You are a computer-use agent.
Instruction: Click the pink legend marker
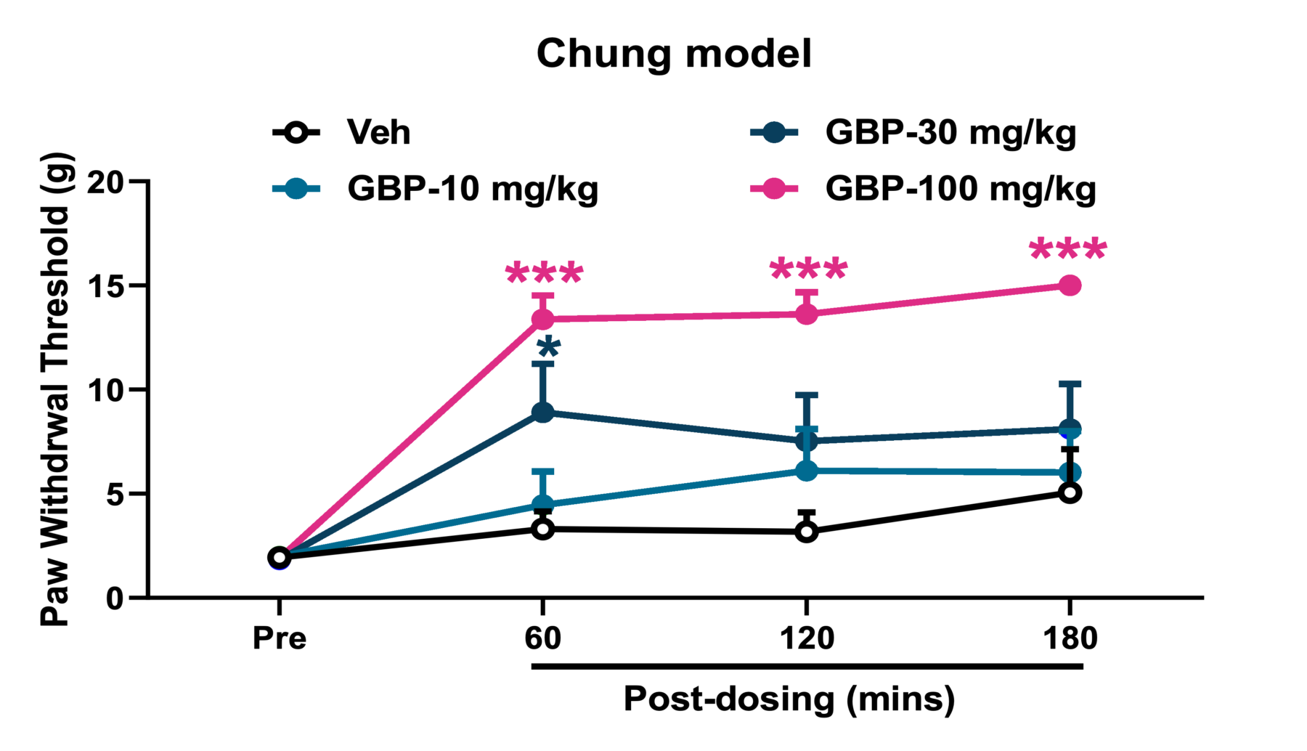(774, 189)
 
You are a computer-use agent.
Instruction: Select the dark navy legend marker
(774, 132)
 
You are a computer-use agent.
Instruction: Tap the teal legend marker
(296, 189)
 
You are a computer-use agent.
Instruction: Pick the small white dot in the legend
(296, 132)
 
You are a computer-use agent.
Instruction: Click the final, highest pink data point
(1070, 285)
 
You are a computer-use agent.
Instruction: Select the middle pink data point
(806, 314)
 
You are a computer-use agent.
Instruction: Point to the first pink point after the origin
(542, 319)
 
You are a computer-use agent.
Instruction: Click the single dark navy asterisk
(548, 346)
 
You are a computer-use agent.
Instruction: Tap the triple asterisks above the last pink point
(1067, 249)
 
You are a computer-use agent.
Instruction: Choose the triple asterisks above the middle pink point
(808, 269)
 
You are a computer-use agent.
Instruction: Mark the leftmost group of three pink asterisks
(544, 274)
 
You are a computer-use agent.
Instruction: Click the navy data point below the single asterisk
(542, 412)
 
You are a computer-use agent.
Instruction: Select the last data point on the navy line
(1070, 429)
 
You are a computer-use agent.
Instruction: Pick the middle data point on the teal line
(806, 471)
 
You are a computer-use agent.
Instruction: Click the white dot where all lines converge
(280, 558)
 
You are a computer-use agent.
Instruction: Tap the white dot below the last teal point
(1070, 492)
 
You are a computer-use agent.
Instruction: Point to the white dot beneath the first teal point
(542, 529)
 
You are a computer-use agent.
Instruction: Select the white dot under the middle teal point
(806, 532)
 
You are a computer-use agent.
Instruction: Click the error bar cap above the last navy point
(1070, 383)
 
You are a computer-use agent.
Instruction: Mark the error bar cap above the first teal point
(542, 472)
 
